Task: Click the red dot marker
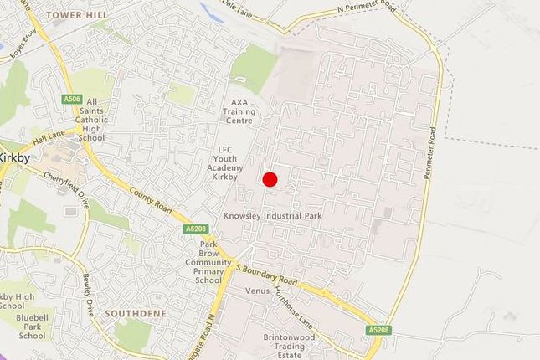click(270, 179)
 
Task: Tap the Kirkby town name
click(14, 157)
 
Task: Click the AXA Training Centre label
click(241, 111)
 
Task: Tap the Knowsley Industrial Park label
click(273, 216)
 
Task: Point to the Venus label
click(255, 291)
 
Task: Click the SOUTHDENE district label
click(136, 313)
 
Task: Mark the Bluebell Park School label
click(33, 327)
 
